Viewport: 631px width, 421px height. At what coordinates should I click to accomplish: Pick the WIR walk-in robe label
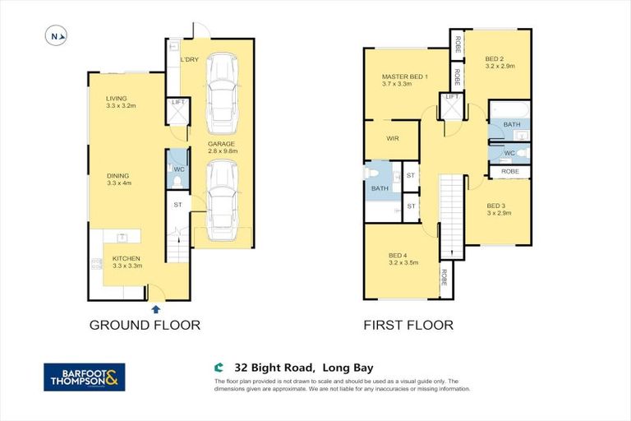point(392,139)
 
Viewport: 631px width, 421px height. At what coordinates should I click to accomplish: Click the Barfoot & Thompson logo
point(84,377)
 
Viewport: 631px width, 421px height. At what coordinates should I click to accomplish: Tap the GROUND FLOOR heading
point(145,325)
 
